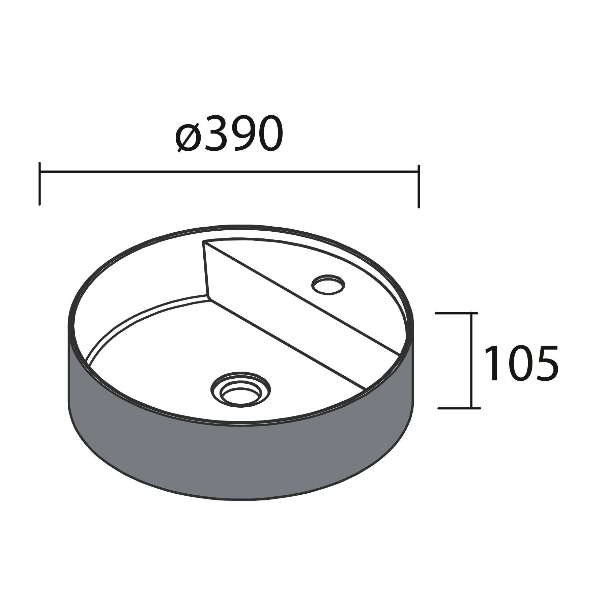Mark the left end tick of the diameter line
pos(40,183)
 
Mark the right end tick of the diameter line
pos(418,186)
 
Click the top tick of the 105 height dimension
pos(457,313)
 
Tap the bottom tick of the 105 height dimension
pos(459,408)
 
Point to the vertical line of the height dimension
pos(471,361)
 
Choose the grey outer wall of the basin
pos(236,459)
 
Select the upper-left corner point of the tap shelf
pos(203,241)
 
